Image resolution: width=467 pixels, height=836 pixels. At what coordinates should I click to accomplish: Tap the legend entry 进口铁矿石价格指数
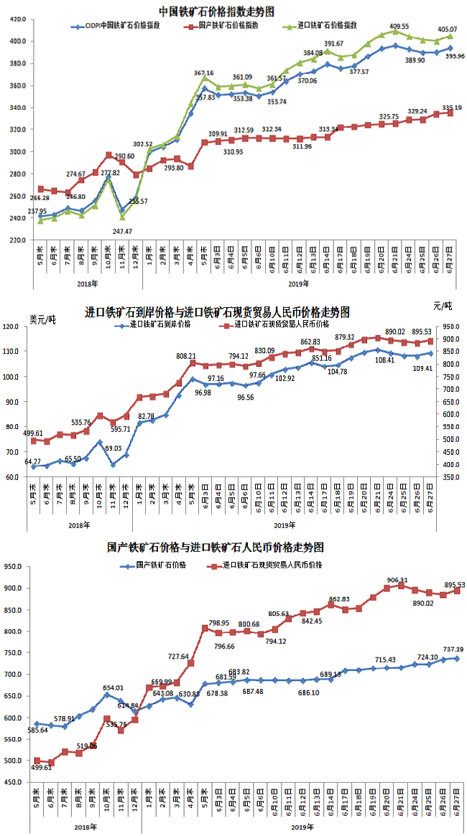[x=323, y=26]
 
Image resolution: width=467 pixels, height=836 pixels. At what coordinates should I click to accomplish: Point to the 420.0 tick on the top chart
[x=19, y=19]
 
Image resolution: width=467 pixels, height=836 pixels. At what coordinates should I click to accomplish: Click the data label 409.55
[x=399, y=26]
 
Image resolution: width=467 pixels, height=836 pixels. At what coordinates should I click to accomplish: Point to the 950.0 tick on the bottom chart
[x=19, y=567]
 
